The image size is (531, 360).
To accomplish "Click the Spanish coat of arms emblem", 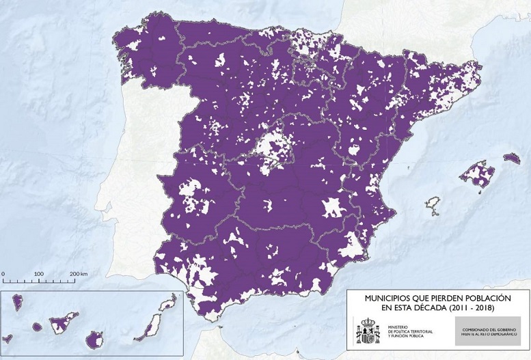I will pyautogui.click(x=368, y=331).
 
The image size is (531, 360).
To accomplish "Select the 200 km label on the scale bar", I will pyautogui.click(x=79, y=273).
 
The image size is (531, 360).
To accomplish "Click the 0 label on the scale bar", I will pyautogui.click(x=3, y=273).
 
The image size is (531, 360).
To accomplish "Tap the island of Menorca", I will pyautogui.click(x=511, y=158).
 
